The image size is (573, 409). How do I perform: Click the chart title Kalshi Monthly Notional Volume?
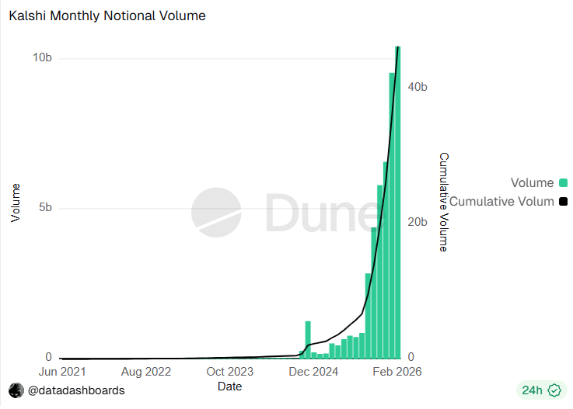107,16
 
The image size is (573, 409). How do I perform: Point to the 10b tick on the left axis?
42,58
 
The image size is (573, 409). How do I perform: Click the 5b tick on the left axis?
44,208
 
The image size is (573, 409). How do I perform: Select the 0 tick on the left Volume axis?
48,357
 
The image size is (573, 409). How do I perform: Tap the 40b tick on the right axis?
418,87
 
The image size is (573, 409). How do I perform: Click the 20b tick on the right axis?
418,222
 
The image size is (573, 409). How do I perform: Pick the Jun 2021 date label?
61,372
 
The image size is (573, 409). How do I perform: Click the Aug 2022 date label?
145,372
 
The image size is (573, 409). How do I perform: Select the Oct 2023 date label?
229,372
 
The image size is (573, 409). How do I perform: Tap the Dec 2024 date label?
313,372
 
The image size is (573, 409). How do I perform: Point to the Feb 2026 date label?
397,372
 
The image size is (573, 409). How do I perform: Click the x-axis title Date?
229,386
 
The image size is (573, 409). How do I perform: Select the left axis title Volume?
16,203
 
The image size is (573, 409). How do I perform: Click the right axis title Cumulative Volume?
443,202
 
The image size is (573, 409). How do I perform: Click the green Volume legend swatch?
563,183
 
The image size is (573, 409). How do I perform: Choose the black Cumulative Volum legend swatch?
563,202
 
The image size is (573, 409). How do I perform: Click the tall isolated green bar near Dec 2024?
308,339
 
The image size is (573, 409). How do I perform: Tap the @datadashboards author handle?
76,390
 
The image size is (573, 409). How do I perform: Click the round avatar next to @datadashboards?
16,390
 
